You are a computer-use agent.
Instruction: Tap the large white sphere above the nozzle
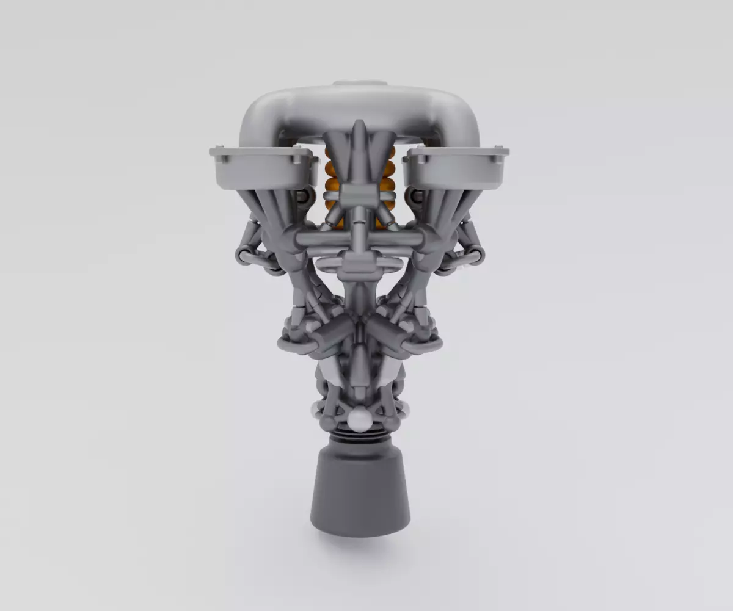point(360,419)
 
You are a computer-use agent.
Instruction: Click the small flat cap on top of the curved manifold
point(360,83)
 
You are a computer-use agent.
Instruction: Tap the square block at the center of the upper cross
point(359,197)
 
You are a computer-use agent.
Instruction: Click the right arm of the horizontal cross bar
point(397,238)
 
